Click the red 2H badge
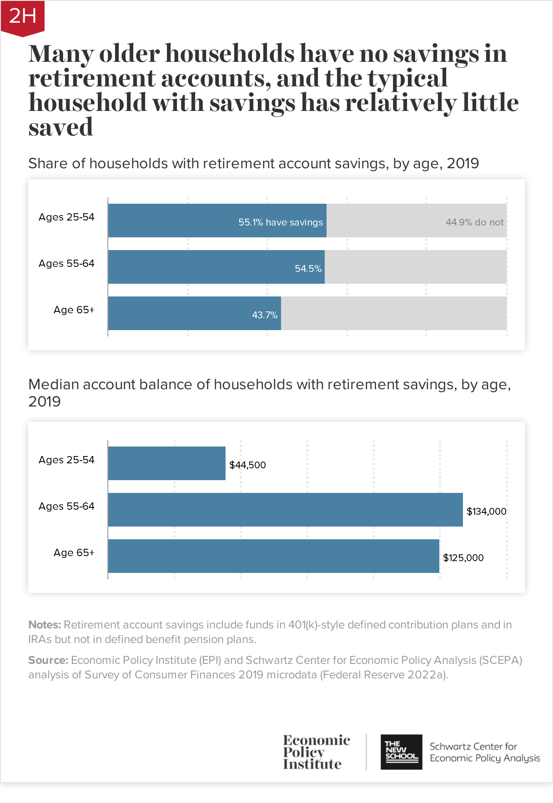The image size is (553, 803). point(22,17)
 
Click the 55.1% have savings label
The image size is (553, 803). point(281,222)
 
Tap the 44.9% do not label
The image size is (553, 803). point(474,222)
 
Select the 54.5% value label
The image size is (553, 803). point(308,269)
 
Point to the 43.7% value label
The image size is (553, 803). point(264,315)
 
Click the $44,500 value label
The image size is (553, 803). point(247,465)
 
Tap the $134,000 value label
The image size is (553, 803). point(486,512)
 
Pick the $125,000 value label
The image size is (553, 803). point(463,558)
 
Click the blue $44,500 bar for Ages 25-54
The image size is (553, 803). point(166,463)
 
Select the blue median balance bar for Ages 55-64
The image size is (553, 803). point(285,510)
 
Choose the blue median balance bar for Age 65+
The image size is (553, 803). point(273,556)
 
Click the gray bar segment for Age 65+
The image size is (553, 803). point(393,313)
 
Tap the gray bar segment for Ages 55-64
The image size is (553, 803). point(415,267)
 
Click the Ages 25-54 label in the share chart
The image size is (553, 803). point(66,217)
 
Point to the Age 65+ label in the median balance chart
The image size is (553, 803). point(74,553)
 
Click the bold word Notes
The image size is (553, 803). point(45,625)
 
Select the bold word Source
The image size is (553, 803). point(48,660)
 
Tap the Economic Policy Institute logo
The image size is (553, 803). point(316,752)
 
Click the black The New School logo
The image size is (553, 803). point(401,752)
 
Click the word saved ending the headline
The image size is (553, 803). point(60,127)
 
